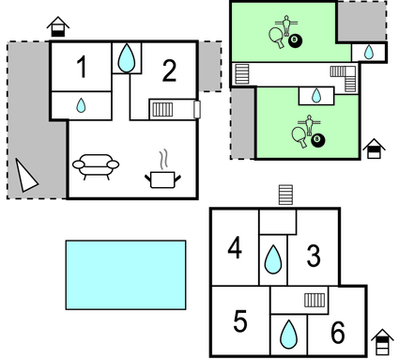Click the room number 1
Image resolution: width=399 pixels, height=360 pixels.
pos(82,68)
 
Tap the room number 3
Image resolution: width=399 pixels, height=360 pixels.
pos(314,255)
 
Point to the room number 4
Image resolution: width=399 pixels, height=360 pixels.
pos(235,249)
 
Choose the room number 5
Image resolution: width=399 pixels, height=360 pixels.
pos(240,321)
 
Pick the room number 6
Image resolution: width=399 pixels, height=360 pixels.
pos(338,333)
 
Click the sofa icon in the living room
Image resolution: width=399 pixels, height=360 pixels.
pos(96,164)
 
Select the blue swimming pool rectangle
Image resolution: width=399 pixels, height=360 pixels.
pos(125,274)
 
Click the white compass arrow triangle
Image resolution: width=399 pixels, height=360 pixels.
pos(25,175)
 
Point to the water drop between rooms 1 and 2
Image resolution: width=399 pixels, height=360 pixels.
pos(126,58)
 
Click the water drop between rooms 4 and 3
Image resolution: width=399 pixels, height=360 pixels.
pos(273,258)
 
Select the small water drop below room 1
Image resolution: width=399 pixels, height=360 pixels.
pos(82,105)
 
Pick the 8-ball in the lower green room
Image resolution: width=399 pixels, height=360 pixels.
pos(317,140)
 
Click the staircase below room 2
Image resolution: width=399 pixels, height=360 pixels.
pos(162,110)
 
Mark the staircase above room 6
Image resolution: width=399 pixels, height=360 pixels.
pos(315,301)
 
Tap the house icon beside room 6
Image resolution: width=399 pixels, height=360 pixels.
pos(382,339)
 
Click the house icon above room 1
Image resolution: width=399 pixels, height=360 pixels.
pos(58,24)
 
